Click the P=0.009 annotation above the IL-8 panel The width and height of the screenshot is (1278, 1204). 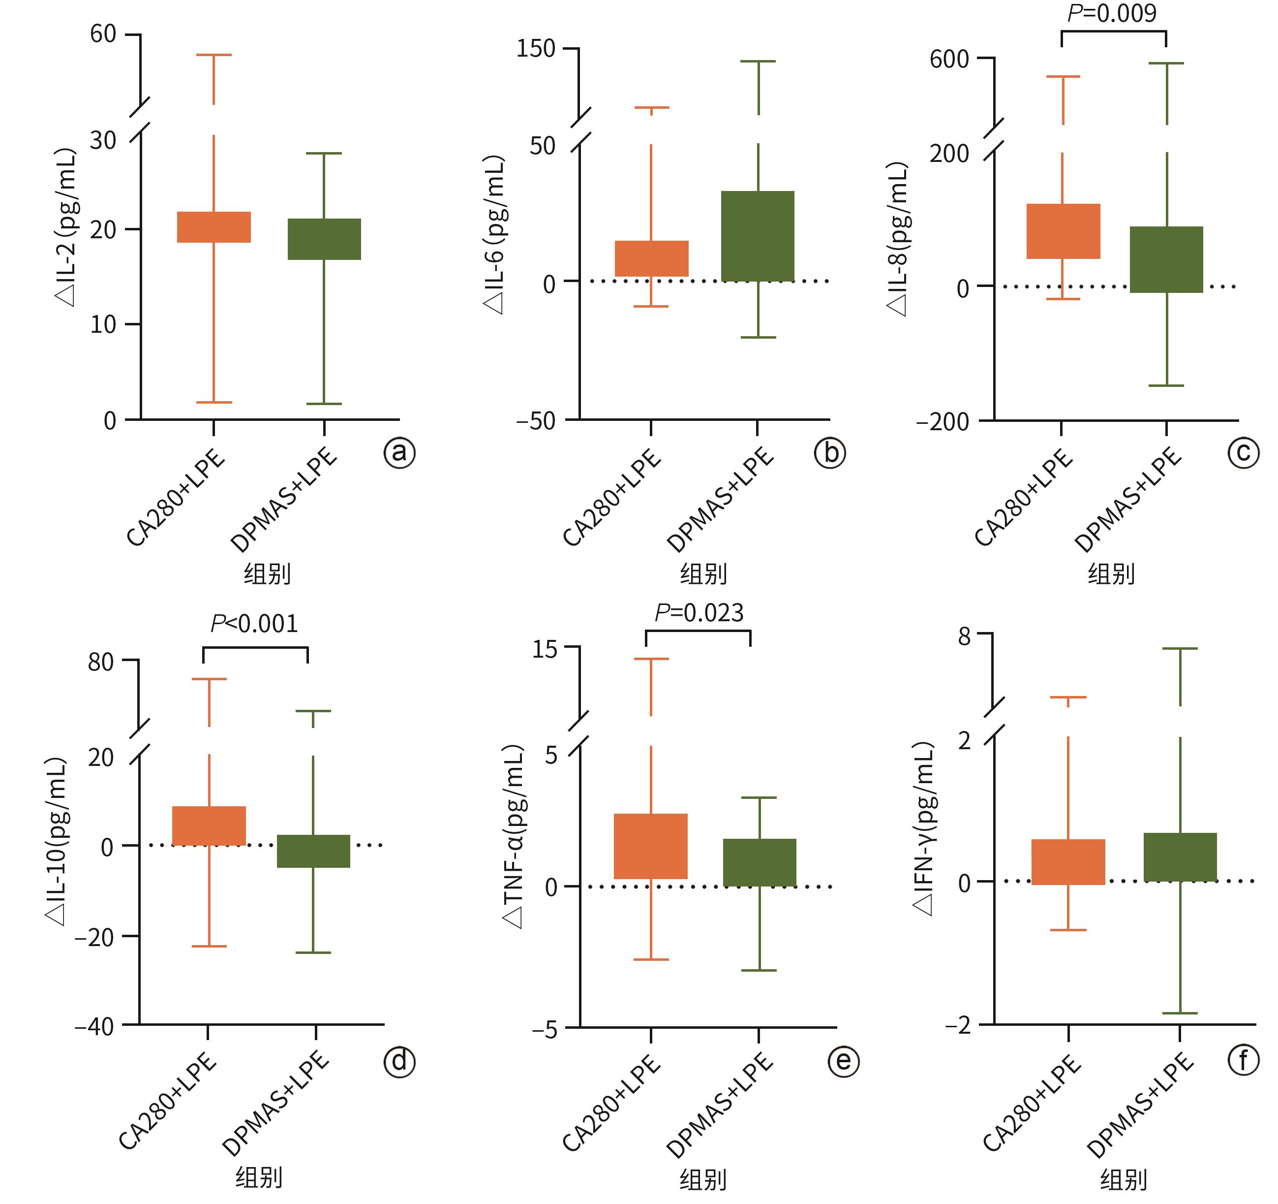(x=1112, y=13)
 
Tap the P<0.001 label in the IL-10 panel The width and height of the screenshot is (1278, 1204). (x=255, y=624)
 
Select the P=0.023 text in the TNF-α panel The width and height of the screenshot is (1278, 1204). (x=699, y=613)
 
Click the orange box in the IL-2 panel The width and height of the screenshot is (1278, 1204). (x=213, y=227)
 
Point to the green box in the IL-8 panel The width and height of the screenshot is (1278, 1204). (x=1166, y=259)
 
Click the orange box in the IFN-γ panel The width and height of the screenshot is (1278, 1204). (x=1068, y=862)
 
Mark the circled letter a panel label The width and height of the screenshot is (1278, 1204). (x=400, y=453)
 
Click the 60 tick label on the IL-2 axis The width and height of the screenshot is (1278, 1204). (x=103, y=34)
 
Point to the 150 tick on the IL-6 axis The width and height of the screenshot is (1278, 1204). (x=536, y=48)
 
